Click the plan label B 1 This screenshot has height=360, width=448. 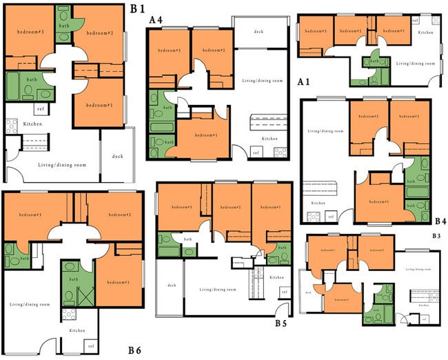pos(138,8)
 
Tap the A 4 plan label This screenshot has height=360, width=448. pos(156,20)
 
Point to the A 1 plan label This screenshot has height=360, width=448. pos(303,81)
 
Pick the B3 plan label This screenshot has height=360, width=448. pos(436,236)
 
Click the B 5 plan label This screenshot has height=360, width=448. pos(281,322)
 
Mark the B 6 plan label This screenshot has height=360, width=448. pos(134,350)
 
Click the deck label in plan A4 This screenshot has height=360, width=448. pos(258,32)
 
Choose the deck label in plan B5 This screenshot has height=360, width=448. pos(172,285)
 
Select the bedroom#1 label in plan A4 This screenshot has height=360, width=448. pos(204,135)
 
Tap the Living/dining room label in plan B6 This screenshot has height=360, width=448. pos(29,303)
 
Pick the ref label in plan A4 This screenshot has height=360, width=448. pos(256,152)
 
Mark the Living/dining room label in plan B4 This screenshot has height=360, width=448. pos(325,131)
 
